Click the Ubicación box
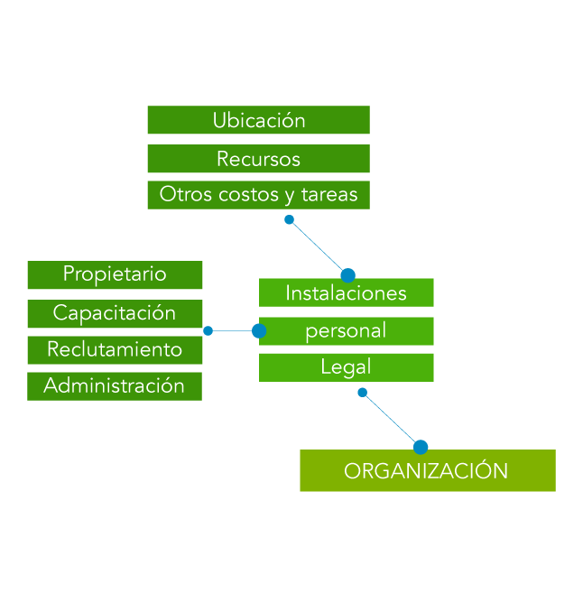coord(258,120)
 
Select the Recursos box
coord(258,159)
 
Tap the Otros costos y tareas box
coord(258,194)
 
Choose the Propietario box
coord(115,274)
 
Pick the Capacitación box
coord(115,313)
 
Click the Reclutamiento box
coord(115,349)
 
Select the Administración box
coord(115,385)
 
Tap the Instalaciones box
coord(346,292)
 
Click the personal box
coord(346,330)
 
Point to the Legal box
coord(346,366)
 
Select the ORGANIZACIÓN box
coord(427,470)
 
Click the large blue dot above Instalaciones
coord(347,274)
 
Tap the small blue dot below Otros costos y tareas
coord(289,219)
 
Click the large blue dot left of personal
coord(259,331)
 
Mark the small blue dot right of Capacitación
coord(208,331)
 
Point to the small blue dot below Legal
coord(363,393)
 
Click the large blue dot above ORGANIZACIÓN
coord(421,447)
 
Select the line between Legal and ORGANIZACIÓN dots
coord(391,419)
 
